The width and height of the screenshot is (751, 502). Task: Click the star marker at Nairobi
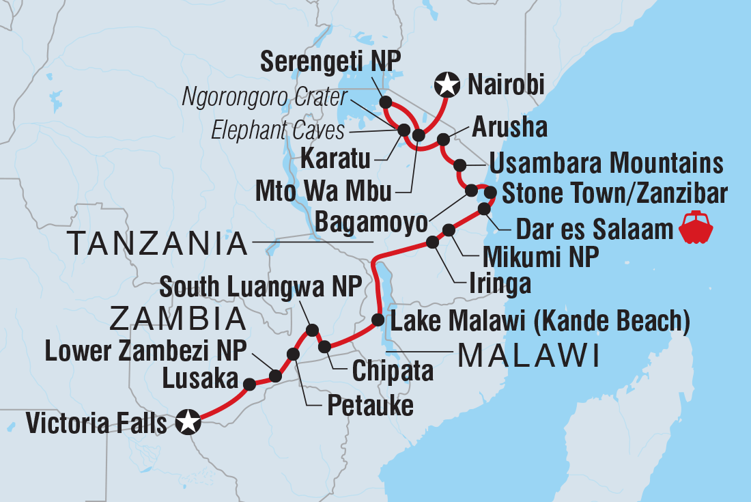coord(447,85)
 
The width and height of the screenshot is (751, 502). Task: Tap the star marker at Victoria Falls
coord(188,423)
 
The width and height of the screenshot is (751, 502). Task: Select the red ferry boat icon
coord(696,228)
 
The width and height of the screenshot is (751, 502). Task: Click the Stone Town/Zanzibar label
coord(613,193)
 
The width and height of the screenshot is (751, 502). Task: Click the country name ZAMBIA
coord(178,319)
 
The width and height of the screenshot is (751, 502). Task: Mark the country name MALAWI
coord(528,354)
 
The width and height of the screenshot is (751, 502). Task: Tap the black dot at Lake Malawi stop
coord(378,320)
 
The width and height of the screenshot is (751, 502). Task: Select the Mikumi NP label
coord(541,257)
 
